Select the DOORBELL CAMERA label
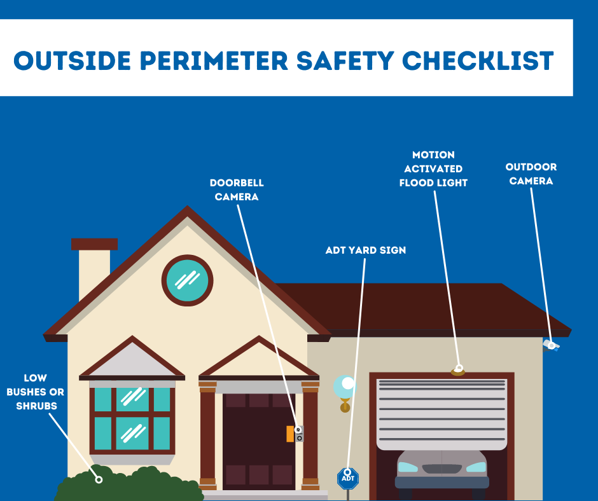click(x=237, y=189)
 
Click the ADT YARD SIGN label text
click(x=365, y=250)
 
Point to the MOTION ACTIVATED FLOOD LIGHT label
click(x=433, y=168)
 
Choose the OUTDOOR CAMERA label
click(x=531, y=174)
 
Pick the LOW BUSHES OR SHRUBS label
click(x=36, y=392)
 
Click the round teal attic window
click(x=187, y=280)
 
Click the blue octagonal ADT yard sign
click(x=347, y=479)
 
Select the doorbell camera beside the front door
click(x=298, y=434)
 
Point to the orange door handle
click(x=290, y=434)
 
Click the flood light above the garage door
click(x=458, y=370)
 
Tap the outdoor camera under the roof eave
click(x=550, y=345)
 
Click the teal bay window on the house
click(x=132, y=416)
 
